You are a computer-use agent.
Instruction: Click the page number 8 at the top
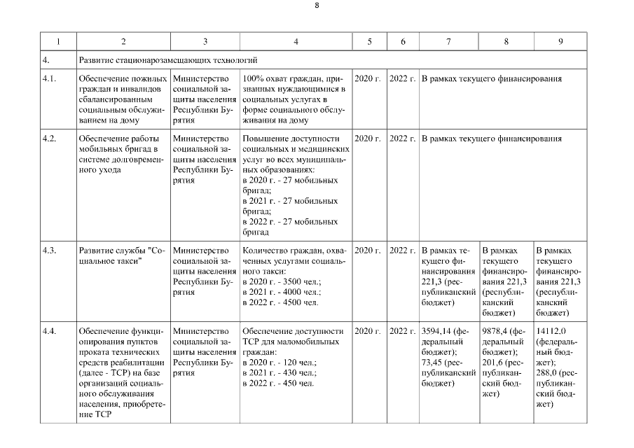click(x=317, y=5)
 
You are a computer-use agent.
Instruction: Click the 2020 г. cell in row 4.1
click(x=368, y=79)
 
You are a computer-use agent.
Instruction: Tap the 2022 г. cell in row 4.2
click(x=402, y=139)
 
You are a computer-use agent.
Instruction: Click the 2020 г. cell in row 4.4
click(x=368, y=330)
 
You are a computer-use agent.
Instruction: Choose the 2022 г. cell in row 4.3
click(x=402, y=250)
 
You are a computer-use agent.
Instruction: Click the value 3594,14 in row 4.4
click(x=437, y=330)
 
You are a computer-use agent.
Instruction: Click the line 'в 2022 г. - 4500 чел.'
click(x=280, y=302)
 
